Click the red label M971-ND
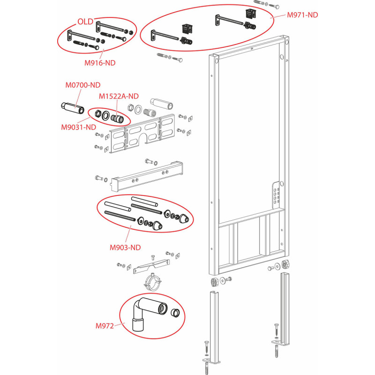[x=302, y=15]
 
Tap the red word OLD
[x=85, y=22]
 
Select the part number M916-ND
[x=100, y=63]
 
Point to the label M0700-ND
[x=83, y=85]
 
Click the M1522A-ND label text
[x=119, y=97]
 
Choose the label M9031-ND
[x=78, y=127]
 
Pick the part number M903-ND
[x=125, y=247]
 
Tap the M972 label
[x=105, y=326]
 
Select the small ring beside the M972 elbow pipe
[x=175, y=312]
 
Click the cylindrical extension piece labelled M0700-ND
[x=73, y=108]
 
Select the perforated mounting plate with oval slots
[x=142, y=134]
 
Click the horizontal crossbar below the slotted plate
[x=147, y=177]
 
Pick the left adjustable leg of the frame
[x=215, y=327]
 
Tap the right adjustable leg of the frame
[x=284, y=308]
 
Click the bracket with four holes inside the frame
[x=276, y=193]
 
